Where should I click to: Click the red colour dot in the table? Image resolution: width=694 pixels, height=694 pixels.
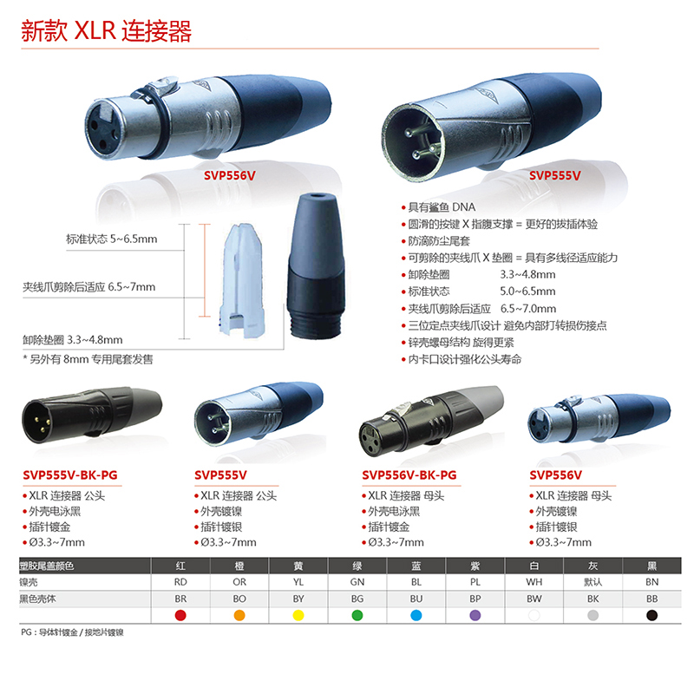coord(180,615)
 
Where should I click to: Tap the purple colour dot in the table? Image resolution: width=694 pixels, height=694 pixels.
coord(475,615)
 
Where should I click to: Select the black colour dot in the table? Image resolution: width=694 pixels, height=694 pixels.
coord(651,615)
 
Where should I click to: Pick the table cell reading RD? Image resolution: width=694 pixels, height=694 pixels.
coord(180,582)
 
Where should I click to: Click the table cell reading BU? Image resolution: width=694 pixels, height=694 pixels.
coord(416,599)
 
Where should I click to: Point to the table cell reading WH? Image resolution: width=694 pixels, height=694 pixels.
coord(534,582)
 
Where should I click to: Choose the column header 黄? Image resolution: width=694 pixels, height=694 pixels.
coord(298,566)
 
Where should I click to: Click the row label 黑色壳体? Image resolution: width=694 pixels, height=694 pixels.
coord(37,599)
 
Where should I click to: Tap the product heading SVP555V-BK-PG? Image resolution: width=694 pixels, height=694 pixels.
coord(70,475)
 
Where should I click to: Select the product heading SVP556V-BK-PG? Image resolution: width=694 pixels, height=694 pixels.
coord(409,475)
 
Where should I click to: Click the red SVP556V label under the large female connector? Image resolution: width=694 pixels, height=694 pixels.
coord(230,176)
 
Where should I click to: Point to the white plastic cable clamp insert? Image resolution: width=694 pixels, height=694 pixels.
coord(242,280)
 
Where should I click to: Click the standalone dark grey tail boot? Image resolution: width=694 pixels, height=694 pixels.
coord(315,266)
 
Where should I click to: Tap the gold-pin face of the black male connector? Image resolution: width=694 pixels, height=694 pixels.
coord(37,421)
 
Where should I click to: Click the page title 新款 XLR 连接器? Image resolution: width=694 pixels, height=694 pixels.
coord(106,30)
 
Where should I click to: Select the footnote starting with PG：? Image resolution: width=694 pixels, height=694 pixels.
coord(72,632)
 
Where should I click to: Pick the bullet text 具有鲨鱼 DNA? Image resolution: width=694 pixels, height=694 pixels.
coord(442,207)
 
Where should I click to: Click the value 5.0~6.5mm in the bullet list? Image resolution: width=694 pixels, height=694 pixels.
coord(527,291)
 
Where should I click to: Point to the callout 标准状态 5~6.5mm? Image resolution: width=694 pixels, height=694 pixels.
coord(112,239)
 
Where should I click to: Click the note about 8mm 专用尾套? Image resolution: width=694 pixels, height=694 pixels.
coord(88,359)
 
